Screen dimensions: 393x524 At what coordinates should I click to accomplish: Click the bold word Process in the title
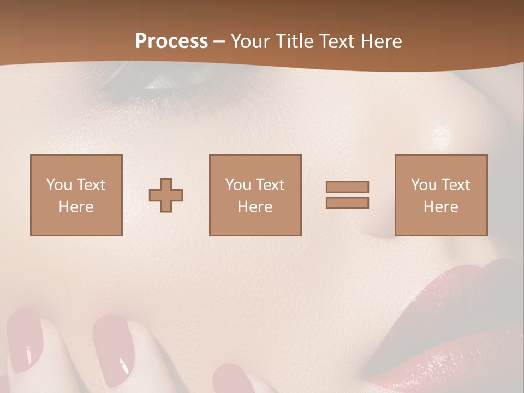[171, 41]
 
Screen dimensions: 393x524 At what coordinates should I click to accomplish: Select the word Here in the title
[380, 41]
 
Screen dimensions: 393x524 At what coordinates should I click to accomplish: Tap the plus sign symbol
[166, 195]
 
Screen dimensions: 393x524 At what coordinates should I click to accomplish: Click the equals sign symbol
[347, 195]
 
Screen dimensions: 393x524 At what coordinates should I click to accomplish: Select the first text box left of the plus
[76, 195]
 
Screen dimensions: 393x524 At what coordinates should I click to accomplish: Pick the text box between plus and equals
[255, 195]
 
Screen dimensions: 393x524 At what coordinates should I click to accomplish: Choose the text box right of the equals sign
[440, 195]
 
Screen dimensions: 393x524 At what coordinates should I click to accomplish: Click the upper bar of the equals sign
[347, 187]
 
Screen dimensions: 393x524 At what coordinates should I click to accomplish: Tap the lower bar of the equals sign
[347, 203]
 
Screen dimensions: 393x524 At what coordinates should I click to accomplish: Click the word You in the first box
[59, 184]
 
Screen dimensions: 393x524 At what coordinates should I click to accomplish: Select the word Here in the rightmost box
[440, 206]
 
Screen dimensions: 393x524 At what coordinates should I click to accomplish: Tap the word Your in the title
[251, 41]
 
